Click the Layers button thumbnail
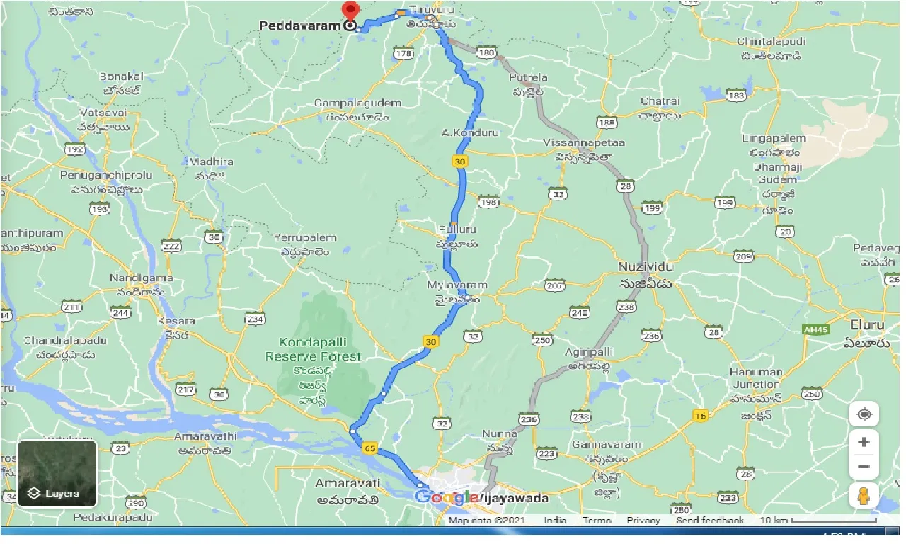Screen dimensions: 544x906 pyautogui.click(x=57, y=473)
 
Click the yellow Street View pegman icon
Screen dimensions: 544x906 pyautogui.click(x=863, y=496)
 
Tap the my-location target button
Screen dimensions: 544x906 pyautogui.click(x=863, y=414)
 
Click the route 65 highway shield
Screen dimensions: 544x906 pyautogui.click(x=371, y=448)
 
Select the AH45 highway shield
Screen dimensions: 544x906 pyautogui.click(x=815, y=329)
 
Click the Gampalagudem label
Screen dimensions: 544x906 pyautogui.click(x=357, y=103)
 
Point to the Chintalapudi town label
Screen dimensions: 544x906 pyautogui.click(x=771, y=42)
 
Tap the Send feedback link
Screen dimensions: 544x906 pyautogui.click(x=709, y=520)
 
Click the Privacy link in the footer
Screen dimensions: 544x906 pyautogui.click(x=643, y=520)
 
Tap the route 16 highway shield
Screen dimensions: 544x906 pyautogui.click(x=700, y=416)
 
